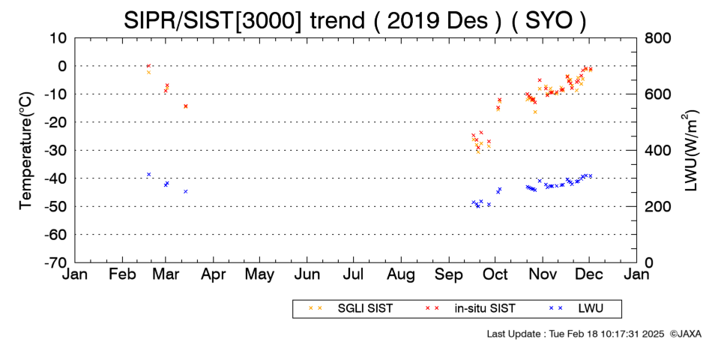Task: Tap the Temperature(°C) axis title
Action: pyautogui.click(x=26, y=151)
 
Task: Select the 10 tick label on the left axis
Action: pyautogui.click(x=58, y=37)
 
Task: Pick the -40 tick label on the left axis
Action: pyautogui.click(x=55, y=178)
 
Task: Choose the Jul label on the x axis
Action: pyautogui.click(x=354, y=274)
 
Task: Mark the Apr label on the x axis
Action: pyautogui.click(x=214, y=274)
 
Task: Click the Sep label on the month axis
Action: pyautogui.click(x=449, y=274)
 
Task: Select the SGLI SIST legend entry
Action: pyautogui.click(x=350, y=308)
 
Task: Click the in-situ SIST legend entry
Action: pyautogui.click(x=470, y=308)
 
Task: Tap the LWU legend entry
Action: pyautogui.click(x=576, y=308)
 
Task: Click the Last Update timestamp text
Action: pyautogui.click(x=576, y=334)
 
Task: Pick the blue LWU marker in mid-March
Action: pyautogui.click(x=186, y=191)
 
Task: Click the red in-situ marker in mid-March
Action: pyautogui.click(x=186, y=106)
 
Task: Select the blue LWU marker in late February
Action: pyautogui.click(x=148, y=174)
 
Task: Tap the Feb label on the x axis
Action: pyautogui.click(x=123, y=274)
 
